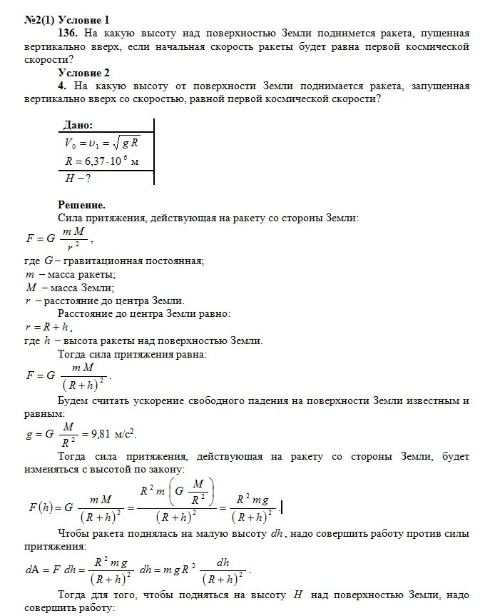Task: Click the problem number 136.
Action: [x=71, y=34]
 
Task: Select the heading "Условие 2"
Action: [x=84, y=74]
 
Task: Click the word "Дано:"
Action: [x=78, y=125]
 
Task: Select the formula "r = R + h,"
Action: [x=48, y=327]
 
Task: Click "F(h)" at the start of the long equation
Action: [x=42, y=508]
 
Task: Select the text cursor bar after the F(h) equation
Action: [x=282, y=507]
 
